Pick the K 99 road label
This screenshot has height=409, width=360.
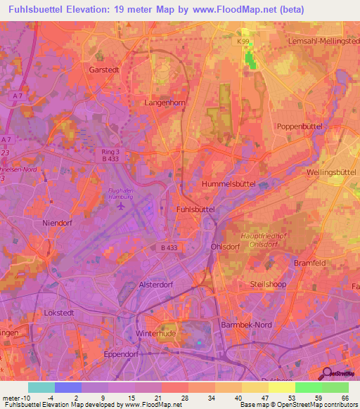point(243,44)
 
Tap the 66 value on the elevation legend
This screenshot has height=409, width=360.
point(345,397)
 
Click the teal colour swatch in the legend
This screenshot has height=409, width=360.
point(41,387)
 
